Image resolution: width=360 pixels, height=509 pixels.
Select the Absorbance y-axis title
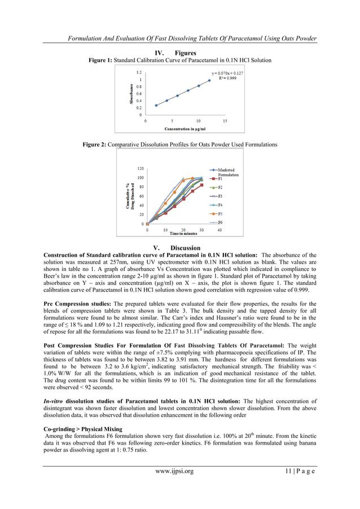point(131,94)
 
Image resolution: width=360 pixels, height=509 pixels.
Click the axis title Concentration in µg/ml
point(185,129)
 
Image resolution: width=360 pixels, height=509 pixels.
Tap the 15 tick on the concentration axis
point(225,121)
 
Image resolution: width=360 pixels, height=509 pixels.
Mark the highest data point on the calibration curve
point(209,80)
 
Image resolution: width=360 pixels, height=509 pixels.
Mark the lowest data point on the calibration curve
point(156,106)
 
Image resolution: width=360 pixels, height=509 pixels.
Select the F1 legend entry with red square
point(219,179)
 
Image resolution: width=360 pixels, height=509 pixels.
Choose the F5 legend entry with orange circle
point(219,214)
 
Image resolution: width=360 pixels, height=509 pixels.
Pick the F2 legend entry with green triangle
point(219,187)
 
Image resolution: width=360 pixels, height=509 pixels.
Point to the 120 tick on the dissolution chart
point(140,169)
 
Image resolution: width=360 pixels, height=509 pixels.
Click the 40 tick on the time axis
point(219,230)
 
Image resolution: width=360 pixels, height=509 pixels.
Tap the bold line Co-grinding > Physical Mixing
point(82,429)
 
